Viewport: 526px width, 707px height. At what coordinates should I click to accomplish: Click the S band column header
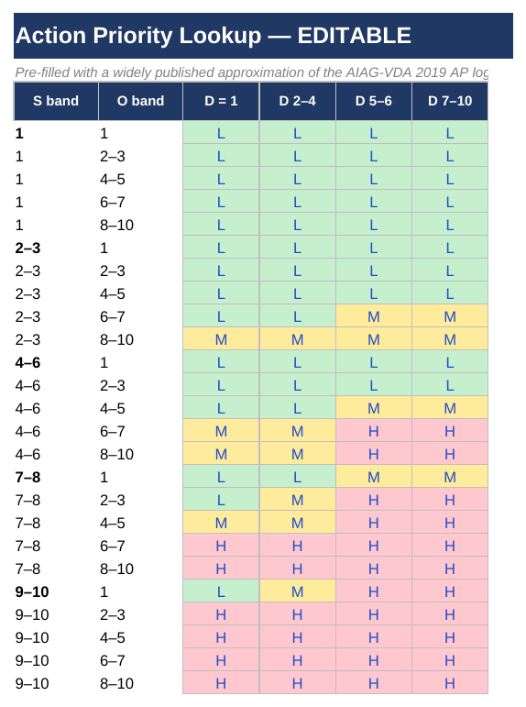pos(56,101)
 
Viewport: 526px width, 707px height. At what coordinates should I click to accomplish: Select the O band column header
pos(140,101)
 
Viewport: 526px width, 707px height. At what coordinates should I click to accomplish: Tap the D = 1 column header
pos(221,101)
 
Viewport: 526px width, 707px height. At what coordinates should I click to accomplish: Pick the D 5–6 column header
pos(374,101)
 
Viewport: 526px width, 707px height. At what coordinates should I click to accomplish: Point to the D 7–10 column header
pos(450,101)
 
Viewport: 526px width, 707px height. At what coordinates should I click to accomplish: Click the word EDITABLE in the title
pos(355,36)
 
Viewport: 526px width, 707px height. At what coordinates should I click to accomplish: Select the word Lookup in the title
pos(220,37)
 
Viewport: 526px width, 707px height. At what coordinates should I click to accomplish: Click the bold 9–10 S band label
pos(32,592)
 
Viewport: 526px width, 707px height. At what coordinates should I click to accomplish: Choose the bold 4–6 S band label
pos(27,363)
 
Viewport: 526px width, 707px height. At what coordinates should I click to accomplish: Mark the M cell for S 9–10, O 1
pos(297,591)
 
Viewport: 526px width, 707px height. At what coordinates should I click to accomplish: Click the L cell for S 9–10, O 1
pos(221,591)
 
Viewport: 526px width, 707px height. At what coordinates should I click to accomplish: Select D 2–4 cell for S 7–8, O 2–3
pos(297,500)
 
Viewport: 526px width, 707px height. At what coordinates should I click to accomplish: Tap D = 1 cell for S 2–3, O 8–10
pos(221,339)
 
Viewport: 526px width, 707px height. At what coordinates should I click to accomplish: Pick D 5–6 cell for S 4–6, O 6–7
pos(374,432)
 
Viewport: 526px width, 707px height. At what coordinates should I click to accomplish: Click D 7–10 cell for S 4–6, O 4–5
pos(450,408)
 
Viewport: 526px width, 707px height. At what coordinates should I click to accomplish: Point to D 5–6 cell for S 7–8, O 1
pos(374,477)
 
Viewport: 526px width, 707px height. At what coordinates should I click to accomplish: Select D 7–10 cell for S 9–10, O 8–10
pos(450,683)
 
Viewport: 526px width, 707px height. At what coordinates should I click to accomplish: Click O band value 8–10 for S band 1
pos(116,226)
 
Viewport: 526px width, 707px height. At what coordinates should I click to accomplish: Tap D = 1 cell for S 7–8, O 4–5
pos(221,523)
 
